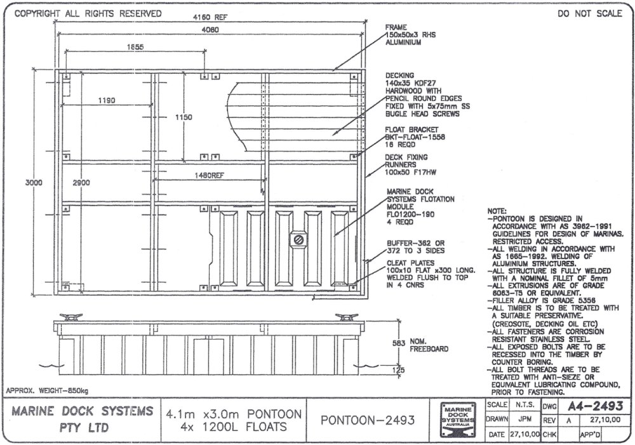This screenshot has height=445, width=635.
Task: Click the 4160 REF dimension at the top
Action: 210,18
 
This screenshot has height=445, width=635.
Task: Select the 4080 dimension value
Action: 210,29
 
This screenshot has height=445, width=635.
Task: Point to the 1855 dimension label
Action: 134,47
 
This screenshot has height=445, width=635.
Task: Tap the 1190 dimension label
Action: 107,100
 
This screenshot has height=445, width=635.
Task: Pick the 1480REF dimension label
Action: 210,175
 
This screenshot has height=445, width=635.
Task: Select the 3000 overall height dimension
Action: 34,182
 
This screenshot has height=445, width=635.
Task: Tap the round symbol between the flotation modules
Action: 298,239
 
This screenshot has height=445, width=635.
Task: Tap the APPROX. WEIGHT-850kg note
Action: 47,390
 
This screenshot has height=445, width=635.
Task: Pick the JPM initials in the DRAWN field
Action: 523,420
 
